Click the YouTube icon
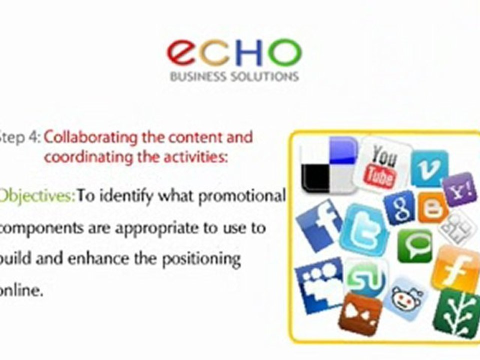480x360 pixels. coord(383,165)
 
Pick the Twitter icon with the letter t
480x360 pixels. coord(364,229)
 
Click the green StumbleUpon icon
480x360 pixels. coord(366,279)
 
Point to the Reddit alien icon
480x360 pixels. coord(405,299)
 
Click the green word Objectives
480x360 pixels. coord(37,195)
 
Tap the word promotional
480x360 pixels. coord(242,195)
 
